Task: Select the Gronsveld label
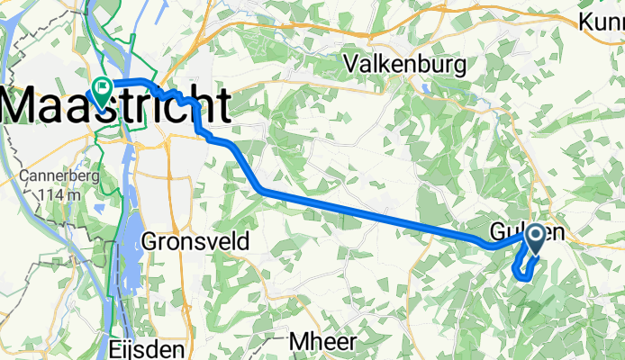pyautogui.click(x=196, y=241)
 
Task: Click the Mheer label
pyautogui.click(x=324, y=342)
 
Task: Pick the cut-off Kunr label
pyautogui.click(x=602, y=21)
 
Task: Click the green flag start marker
pyautogui.click(x=100, y=88)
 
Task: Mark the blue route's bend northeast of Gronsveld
pyautogui.click(x=261, y=190)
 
